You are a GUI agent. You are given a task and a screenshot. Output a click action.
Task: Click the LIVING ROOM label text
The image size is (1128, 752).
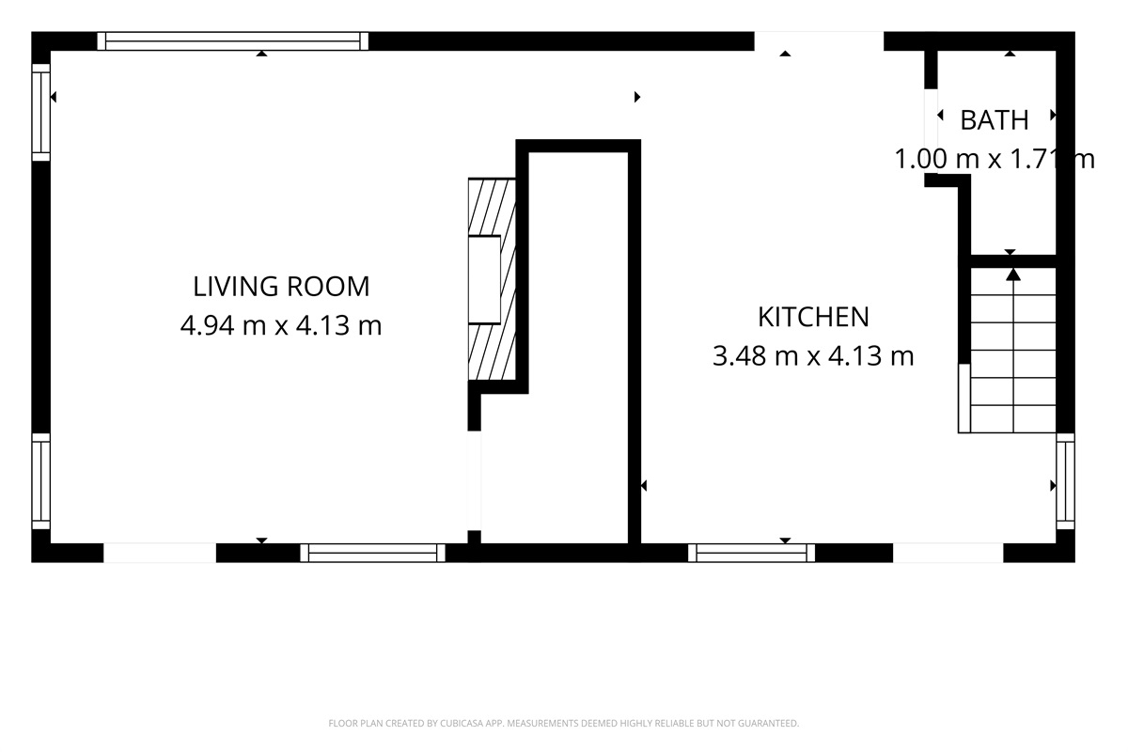pos(281,286)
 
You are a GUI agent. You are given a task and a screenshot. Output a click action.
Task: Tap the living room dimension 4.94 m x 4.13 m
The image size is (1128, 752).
pos(281,326)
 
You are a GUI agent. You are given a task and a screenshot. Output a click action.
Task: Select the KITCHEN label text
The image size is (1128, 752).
pos(813,317)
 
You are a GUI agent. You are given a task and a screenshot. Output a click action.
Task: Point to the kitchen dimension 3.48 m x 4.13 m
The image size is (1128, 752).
pos(813,357)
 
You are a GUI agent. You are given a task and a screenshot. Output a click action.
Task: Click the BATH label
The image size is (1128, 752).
pos(994,120)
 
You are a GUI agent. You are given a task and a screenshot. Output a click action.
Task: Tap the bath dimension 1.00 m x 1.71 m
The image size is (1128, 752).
pos(994,160)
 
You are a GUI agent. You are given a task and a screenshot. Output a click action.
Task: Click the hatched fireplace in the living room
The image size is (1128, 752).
pos(492,279)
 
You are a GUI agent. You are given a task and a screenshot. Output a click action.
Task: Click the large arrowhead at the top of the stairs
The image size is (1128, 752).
pos(1013,274)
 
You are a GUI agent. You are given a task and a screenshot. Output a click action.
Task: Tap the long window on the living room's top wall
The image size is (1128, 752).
pos(233,40)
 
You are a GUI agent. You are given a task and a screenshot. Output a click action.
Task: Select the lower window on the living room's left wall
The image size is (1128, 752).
pos(40,480)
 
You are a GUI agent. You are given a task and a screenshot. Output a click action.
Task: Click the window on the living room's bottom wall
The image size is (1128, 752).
pos(373,553)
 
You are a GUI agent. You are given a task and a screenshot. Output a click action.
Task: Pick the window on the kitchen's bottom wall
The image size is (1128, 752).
pos(752,553)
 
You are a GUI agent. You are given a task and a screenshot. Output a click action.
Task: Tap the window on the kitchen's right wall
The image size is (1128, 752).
pos(1065,480)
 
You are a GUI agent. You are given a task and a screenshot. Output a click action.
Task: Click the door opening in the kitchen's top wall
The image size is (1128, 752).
pos(819,40)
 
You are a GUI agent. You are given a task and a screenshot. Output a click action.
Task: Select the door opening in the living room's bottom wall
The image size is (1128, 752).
pos(160,553)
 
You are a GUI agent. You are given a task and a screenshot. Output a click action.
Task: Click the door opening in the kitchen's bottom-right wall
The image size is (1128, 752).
pos(948,553)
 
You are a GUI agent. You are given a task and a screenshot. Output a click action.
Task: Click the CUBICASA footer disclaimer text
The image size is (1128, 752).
pos(563,723)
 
